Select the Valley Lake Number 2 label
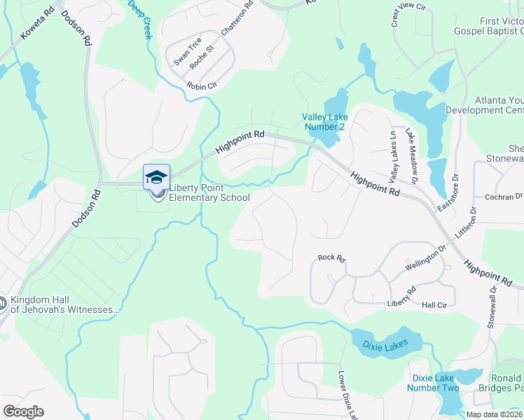(323, 122)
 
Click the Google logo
(23, 412)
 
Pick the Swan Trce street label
(188, 50)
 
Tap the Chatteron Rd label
(236, 20)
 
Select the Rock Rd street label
(332, 258)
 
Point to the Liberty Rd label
(401, 297)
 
